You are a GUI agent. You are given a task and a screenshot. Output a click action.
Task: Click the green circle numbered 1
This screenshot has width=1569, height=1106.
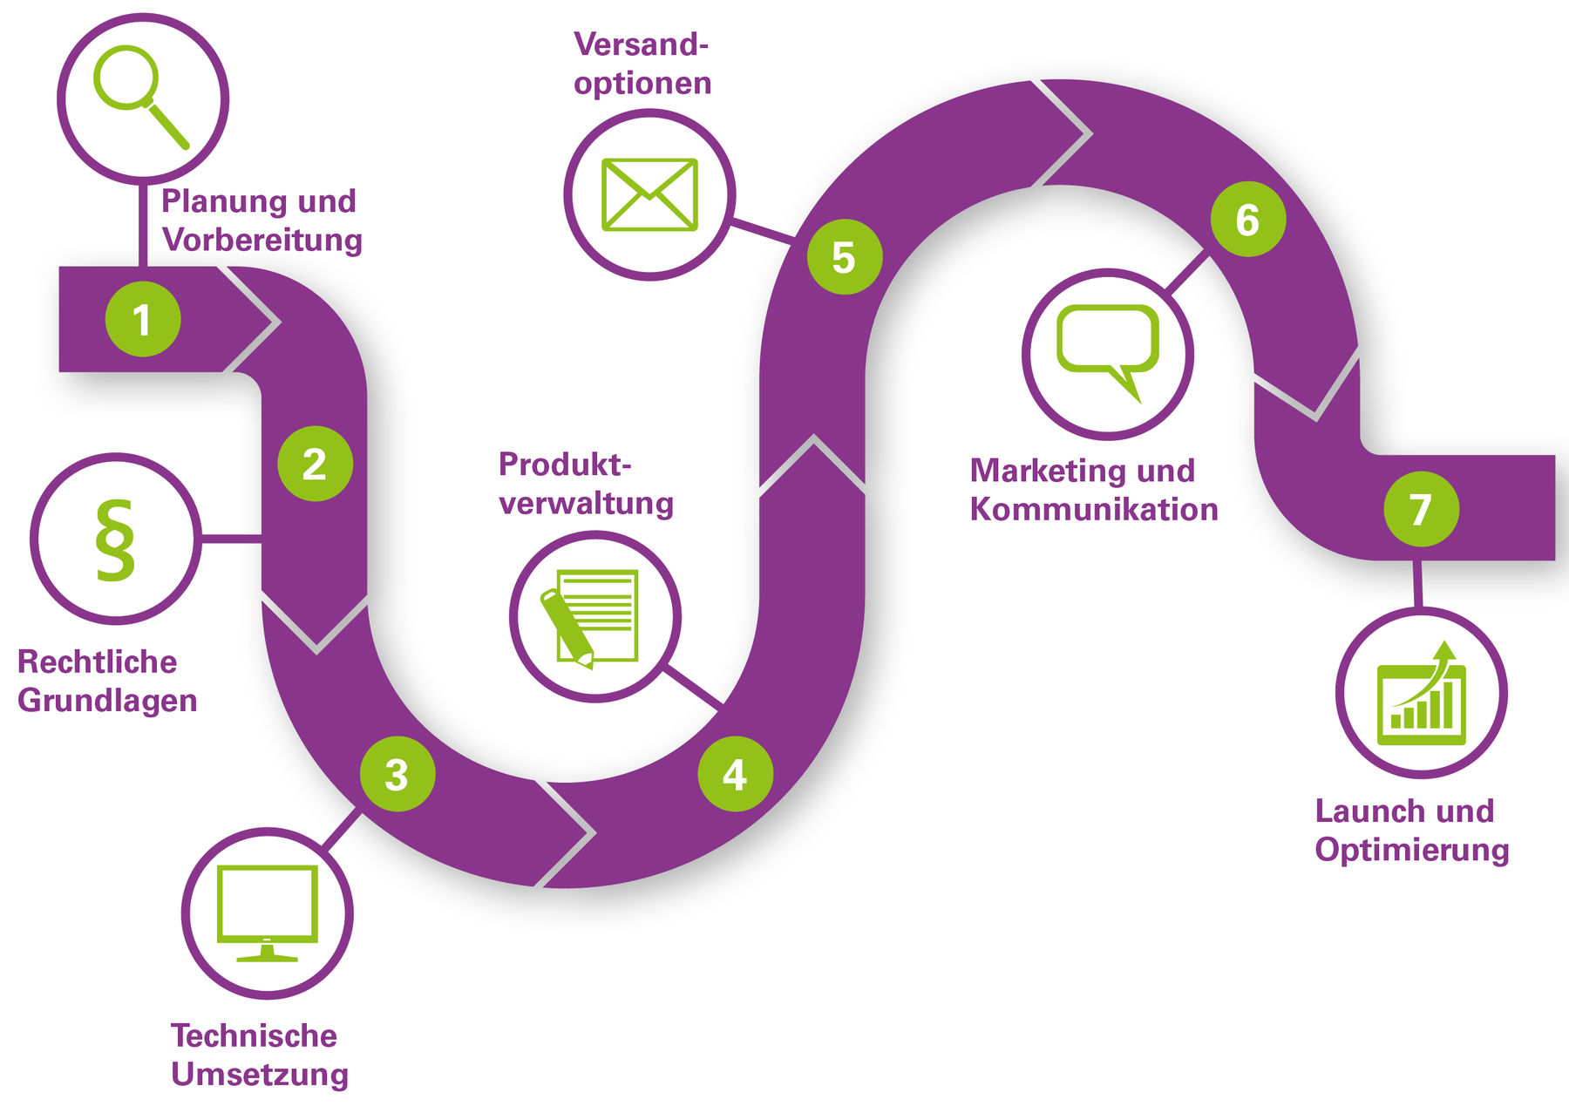(143, 319)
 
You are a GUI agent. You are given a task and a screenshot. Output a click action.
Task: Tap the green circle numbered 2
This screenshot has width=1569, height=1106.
(315, 463)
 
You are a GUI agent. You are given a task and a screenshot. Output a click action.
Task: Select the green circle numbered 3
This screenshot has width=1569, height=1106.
(397, 774)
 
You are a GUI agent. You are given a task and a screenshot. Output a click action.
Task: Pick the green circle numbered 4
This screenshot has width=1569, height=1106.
(735, 774)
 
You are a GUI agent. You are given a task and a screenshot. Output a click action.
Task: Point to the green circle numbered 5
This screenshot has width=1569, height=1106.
(844, 257)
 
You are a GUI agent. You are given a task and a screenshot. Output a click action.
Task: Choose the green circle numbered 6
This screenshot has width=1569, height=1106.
(1247, 219)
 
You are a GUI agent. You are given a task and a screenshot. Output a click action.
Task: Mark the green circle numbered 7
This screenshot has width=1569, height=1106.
(1421, 509)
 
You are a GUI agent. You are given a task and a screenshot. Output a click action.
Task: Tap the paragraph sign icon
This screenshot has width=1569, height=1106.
(116, 540)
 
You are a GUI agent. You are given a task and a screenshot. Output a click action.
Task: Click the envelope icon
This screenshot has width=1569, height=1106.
(649, 194)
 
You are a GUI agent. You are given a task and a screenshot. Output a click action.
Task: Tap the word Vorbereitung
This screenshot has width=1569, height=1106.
(262, 240)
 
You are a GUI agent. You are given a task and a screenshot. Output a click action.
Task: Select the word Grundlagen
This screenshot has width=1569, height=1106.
(107, 701)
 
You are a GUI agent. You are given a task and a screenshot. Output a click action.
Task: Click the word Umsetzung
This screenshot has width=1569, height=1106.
(260, 1075)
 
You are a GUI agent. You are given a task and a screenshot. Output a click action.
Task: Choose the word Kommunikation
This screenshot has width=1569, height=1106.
(1094, 509)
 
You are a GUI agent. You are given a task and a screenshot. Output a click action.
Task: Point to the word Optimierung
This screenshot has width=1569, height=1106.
(1412, 850)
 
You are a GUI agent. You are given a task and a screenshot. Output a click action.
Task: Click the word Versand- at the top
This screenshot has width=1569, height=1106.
(641, 44)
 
